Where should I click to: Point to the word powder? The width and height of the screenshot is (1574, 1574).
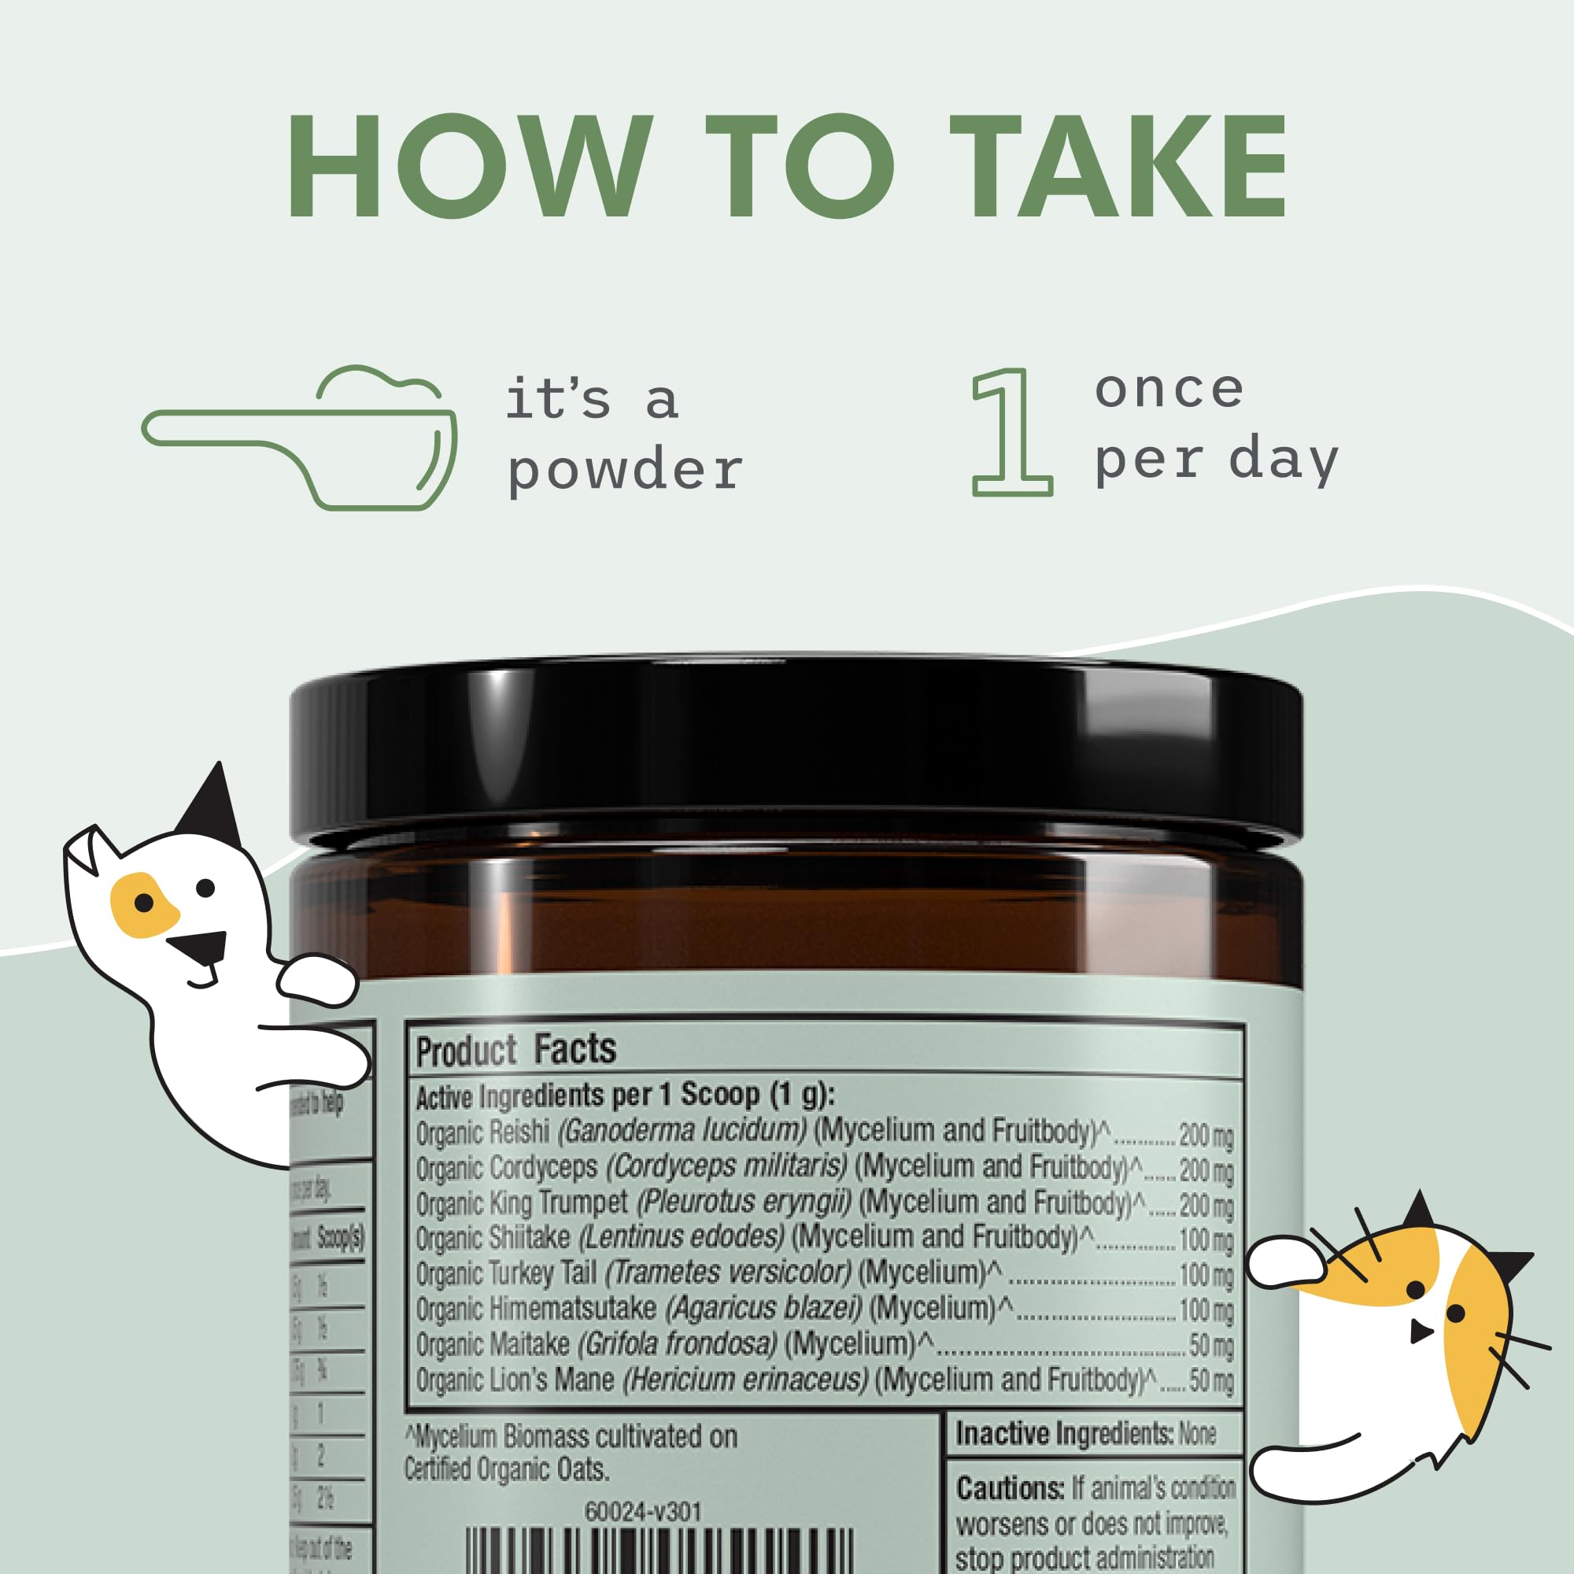coord(625,471)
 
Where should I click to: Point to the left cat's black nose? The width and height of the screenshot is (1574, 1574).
coord(198,945)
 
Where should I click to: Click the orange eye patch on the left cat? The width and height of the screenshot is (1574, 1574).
coord(143,904)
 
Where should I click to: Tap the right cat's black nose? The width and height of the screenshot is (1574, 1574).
coord(1421,1332)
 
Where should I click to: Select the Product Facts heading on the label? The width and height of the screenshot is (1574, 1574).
coord(515,1049)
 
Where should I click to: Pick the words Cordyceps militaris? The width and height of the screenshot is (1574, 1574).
coord(727,1166)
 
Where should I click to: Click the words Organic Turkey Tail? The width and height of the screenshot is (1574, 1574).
coord(506,1273)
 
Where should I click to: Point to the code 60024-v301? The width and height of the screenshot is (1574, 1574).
coord(643,1511)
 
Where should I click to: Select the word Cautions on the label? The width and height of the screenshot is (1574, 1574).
coord(1010,1489)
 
